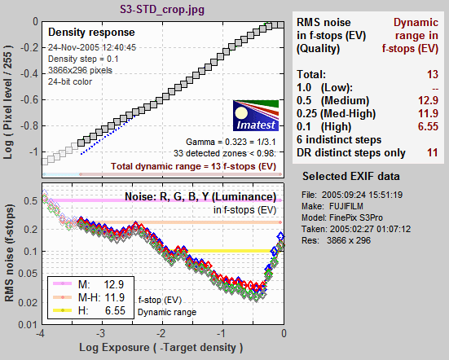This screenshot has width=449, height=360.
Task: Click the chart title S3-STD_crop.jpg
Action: point(162,10)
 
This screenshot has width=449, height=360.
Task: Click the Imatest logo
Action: point(256,116)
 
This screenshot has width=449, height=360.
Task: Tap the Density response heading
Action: point(91,33)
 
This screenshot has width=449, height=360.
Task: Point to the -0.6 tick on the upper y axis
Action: point(29,99)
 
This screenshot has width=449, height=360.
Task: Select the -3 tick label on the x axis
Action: point(100,334)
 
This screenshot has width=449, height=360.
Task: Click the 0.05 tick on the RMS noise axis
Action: point(28,274)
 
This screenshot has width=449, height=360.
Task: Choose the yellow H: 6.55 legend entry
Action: point(90,310)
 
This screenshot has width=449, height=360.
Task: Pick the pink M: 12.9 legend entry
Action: point(90,284)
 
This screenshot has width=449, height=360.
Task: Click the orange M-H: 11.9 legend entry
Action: point(90,297)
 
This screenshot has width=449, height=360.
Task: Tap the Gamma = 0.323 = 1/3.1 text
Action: point(231,142)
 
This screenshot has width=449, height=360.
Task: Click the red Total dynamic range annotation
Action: point(194,166)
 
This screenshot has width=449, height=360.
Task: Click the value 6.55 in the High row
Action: point(428,126)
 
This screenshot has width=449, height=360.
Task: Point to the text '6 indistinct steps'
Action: point(339,139)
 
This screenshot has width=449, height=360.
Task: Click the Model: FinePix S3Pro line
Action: point(342,217)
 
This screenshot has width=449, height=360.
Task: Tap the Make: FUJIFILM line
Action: point(332,206)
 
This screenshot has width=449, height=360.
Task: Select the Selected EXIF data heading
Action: point(351,176)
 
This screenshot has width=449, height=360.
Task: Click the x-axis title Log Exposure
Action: point(161,348)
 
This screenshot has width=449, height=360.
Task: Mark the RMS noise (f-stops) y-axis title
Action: point(9,253)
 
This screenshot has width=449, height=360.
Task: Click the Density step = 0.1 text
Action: point(83,59)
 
